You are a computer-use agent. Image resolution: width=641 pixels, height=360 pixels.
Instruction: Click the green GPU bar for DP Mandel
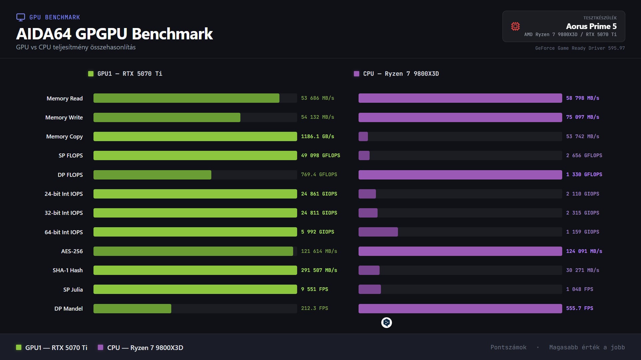132,309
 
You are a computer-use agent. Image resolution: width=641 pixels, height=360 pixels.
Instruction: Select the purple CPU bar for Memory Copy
363,136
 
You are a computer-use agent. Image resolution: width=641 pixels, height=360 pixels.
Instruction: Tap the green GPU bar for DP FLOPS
152,175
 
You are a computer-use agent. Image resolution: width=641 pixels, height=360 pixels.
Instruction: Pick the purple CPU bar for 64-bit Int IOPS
378,232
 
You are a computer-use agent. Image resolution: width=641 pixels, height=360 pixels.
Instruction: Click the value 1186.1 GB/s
317,136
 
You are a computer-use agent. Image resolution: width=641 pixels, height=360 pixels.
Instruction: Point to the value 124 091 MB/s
584,251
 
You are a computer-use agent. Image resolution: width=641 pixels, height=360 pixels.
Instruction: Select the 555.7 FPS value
580,308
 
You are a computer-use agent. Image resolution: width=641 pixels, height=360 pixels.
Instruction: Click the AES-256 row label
72,251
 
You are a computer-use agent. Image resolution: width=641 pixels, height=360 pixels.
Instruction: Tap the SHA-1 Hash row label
67,270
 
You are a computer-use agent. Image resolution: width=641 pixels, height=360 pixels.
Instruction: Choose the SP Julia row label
73,290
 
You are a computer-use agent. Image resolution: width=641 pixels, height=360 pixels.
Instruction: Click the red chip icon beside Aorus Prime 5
515,26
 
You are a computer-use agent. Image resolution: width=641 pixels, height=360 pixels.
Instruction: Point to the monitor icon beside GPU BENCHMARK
21,17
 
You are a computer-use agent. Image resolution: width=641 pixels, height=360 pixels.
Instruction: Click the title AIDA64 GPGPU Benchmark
115,34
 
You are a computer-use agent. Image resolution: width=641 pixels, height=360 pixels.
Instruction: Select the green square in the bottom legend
19,347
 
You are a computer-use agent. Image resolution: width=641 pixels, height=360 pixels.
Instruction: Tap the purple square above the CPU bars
356,74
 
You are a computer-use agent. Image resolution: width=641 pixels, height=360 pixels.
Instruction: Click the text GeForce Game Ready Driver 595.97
580,48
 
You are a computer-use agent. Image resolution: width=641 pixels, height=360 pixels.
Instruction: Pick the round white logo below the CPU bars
386,323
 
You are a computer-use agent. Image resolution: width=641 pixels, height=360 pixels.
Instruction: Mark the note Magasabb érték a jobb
587,347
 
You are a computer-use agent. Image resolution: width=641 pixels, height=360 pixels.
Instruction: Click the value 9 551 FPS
314,289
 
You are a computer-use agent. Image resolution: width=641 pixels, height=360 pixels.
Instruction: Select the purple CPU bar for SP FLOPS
364,155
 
